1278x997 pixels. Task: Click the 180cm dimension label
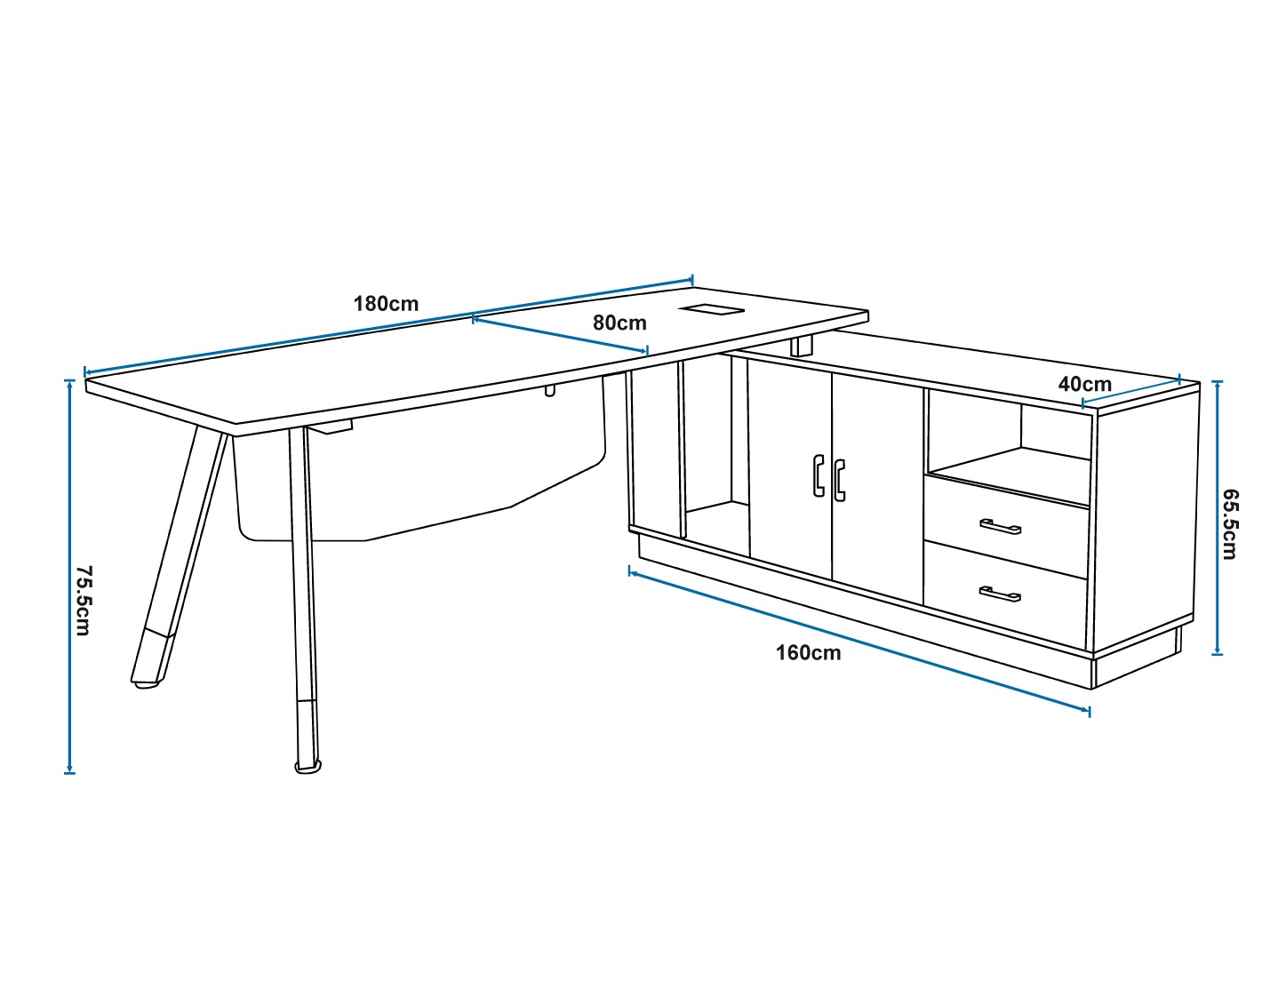pos(386,304)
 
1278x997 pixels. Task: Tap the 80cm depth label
pos(619,323)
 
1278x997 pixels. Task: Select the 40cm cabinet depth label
pos(1084,385)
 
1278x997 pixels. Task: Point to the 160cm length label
pos(808,653)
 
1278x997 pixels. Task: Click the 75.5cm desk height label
pos(84,600)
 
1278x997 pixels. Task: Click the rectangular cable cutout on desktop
pos(710,309)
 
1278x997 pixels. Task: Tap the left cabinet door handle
pos(819,475)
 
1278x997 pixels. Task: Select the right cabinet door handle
pos(839,480)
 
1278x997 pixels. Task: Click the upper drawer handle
pos(1000,527)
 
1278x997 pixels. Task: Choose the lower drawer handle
pos(1000,594)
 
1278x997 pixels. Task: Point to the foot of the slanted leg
pos(147,683)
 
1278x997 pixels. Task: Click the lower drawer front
pos(1005,590)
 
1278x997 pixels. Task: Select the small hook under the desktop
pos(550,391)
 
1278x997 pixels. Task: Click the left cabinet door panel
pos(790,468)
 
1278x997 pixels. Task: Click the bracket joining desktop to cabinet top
pos(802,347)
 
